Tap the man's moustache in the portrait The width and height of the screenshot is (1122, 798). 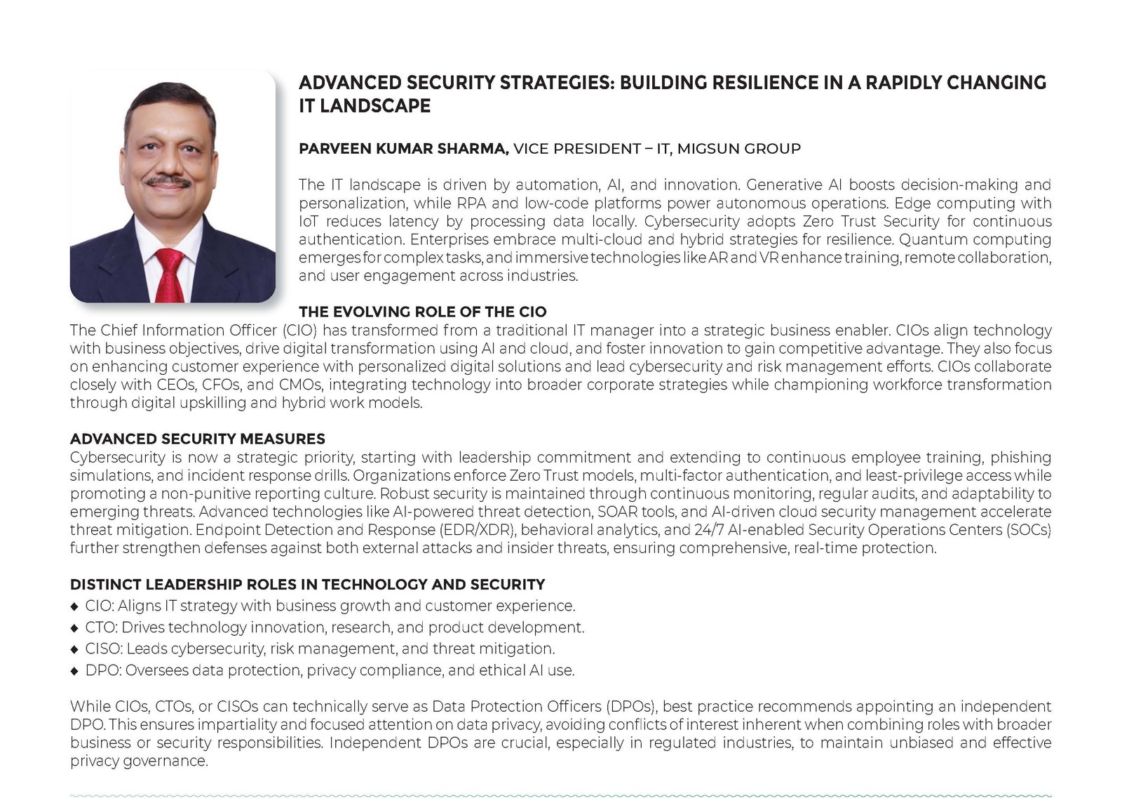[168, 182]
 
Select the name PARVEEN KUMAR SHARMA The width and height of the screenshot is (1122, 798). [403, 149]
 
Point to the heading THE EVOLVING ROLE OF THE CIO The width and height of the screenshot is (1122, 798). [422, 312]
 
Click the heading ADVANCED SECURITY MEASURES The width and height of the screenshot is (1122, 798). [197, 439]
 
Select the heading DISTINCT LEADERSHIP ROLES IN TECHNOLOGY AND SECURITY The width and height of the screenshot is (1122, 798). [307, 584]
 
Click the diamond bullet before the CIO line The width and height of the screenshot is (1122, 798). [74, 606]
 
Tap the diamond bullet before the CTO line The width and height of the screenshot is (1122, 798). [74, 627]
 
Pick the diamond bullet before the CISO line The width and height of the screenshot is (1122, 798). [74, 649]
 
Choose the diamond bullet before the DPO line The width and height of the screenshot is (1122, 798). [74, 671]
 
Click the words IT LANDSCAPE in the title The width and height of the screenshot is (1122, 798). [364, 106]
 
